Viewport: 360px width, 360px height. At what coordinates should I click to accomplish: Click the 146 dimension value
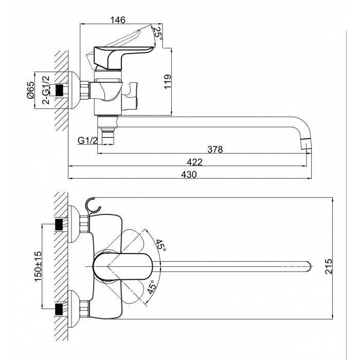pyautogui.click(x=119, y=21)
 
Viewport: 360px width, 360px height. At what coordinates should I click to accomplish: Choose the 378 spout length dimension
pyautogui.click(x=215, y=150)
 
